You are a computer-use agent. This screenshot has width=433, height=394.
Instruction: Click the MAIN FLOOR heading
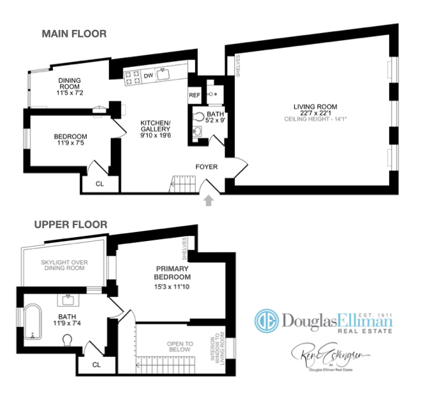click(x=74, y=34)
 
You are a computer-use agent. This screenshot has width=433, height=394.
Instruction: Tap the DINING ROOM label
click(x=70, y=84)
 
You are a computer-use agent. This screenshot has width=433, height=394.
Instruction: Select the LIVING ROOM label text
click(x=315, y=106)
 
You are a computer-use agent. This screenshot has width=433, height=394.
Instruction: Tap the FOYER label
click(x=207, y=167)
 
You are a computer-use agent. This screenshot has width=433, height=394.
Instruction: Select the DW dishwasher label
click(x=148, y=75)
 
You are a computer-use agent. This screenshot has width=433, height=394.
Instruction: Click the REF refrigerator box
click(x=194, y=95)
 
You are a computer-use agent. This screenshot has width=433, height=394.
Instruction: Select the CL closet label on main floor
click(x=99, y=183)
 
